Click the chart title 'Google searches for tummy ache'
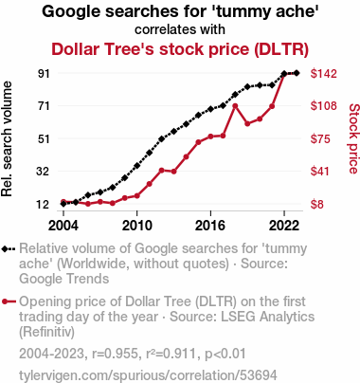[180, 12]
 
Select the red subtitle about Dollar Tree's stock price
[180, 49]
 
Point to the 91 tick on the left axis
[44, 73]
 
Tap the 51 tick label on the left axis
[44, 138]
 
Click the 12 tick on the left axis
[44, 204]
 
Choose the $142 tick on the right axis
[324, 73]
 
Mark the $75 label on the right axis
[320, 138]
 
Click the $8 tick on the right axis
[317, 204]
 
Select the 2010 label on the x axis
[137, 226]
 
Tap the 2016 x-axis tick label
[210, 226]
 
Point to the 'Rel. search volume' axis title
[7, 139]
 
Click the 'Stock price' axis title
[354, 138]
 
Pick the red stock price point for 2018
[235, 106]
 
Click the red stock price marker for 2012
[161, 171]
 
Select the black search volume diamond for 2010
[137, 166]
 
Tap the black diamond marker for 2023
[297, 73]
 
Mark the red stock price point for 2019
[247, 123]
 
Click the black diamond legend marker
[9, 249]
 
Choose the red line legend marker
[9, 301]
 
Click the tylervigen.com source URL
[148, 375]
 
